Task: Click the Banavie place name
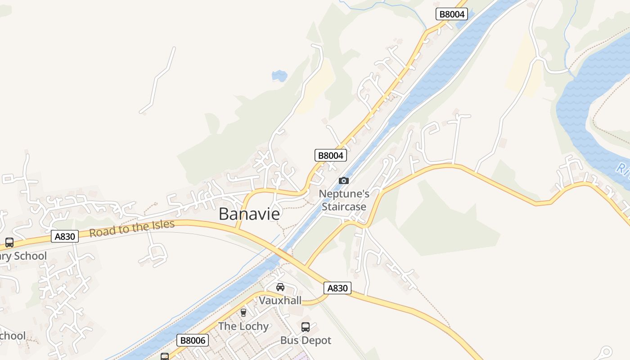pyautogui.click(x=249, y=214)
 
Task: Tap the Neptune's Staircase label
pyautogui.click(x=344, y=200)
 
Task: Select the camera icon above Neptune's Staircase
pyautogui.click(x=344, y=180)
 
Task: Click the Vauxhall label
pyautogui.click(x=280, y=300)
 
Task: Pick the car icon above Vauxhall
pyautogui.click(x=280, y=287)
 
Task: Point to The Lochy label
pyautogui.click(x=243, y=326)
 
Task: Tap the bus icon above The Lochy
pyautogui.click(x=243, y=312)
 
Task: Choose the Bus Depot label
pyautogui.click(x=306, y=340)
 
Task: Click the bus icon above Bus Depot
pyautogui.click(x=306, y=327)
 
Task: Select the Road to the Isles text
pyautogui.click(x=132, y=228)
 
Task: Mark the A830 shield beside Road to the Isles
pyautogui.click(x=65, y=236)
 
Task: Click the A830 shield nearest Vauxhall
pyautogui.click(x=337, y=288)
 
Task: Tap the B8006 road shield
pyautogui.click(x=193, y=340)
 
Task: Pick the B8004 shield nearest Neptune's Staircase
pyautogui.click(x=331, y=155)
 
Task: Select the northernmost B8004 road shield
pyautogui.click(x=452, y=14)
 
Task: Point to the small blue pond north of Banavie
pyautogui.click(x=279, y=76)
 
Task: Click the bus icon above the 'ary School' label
pyautogui.click(x=9, y=243)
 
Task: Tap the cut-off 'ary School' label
pyautogui.click(x=23, y=256)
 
